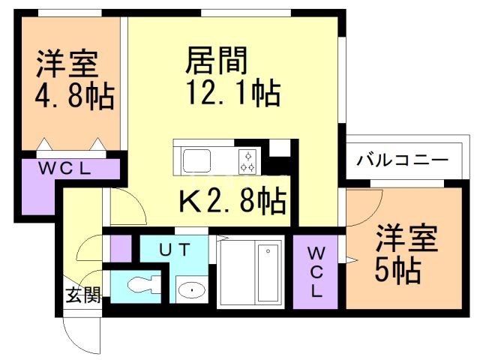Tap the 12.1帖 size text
pos(232,94)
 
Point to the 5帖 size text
pos(397,268)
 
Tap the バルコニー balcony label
pos(403,160)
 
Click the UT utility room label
pos(174,249)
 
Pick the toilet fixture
pos(142,285)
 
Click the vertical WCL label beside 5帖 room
pos(316,271)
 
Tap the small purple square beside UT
pos(120,247)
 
